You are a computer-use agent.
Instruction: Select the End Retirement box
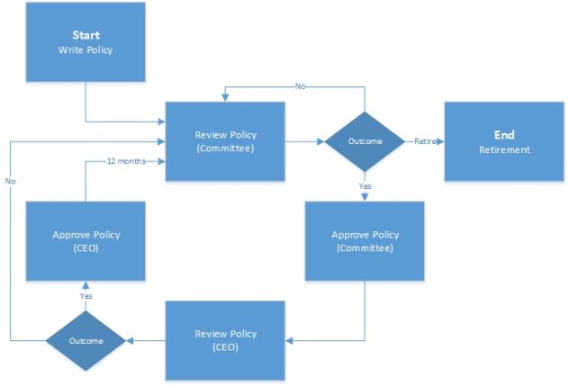pyautogui.click(x=503, y=141)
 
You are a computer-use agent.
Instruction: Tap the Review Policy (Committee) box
pyautogui.click(x=224, y=141)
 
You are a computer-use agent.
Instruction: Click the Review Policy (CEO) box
pyautogui.click(x=224, y=340)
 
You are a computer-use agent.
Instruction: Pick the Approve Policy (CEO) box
pyautogui.click(x=86, y=241)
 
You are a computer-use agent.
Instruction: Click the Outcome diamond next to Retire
pyautogui.click(x=364, y=141)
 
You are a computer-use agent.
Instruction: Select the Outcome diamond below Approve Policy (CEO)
pyautogui.click(x=86, y=340)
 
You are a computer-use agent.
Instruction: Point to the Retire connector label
pyautogui.click(x=425, y=141)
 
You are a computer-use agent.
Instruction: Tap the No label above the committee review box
pyautogui.click(x=300, y=86)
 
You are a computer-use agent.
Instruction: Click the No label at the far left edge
pyautogui.click(x=11, y=181)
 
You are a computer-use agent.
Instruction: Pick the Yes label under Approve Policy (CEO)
pyautogui.click(x=86, y=295)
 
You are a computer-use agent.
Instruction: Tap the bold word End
pyautogui.click(x=503, y=134)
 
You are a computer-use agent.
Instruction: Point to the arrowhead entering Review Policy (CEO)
pyautogui.click(x=289, y=340)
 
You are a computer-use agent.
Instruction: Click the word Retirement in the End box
pyautogui.click(x=503, y=149)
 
